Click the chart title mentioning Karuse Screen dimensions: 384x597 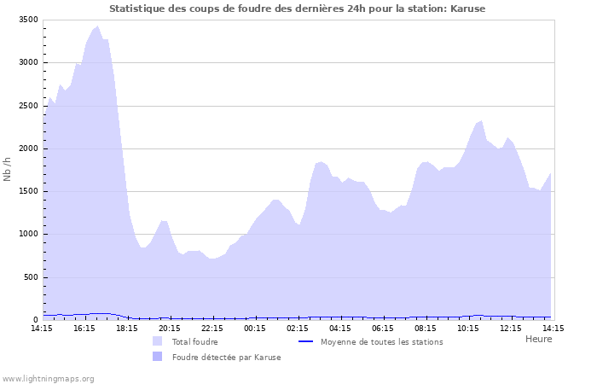click(298, 9)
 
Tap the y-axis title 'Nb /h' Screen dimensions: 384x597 click(8, 170)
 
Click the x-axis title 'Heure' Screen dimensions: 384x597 click(538, 339)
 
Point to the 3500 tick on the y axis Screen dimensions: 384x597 click(28, 20)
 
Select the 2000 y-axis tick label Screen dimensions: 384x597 click(28, 148)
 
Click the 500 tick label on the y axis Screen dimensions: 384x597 click(31, 277)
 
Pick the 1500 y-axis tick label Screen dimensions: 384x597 click(28, 191)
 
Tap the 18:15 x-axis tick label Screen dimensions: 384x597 click(127, 328)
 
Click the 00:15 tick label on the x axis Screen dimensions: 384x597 click(255, 328)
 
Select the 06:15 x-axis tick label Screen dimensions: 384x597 click(383, 328)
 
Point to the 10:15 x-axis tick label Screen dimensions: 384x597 click(468, 328)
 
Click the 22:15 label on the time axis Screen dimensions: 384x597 click(212, 328)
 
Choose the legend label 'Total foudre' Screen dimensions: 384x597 click(194, 342)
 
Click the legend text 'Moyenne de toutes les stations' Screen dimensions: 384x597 click(381, 342)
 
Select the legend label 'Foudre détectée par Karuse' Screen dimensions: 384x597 click(226, 358)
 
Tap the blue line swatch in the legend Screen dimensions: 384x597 click(306, 342)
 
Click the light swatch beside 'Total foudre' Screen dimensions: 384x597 click(157, 341)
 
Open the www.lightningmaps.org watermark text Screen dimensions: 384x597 click(48, 378)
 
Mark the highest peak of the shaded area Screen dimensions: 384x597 click(97, 26)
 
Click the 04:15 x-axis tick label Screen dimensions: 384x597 click(340, 328)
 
